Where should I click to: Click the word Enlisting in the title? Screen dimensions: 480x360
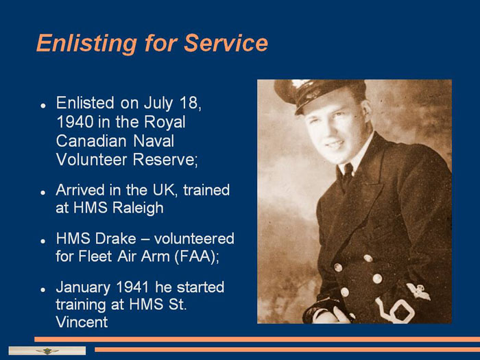coord(86,43)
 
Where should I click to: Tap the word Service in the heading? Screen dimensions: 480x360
coord(226,43)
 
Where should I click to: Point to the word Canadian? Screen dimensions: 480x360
coord(91,141)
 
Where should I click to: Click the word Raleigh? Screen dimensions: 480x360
coord(138,208)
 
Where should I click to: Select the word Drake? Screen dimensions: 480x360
coord(116,239)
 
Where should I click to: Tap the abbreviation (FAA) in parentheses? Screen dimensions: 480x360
coord(197,256)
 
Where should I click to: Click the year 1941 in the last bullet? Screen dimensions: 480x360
coord(132,287)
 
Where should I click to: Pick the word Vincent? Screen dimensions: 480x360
coord(82,322)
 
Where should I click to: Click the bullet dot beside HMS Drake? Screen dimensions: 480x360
coord(43,241)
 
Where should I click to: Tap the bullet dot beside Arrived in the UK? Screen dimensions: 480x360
coord(43,193)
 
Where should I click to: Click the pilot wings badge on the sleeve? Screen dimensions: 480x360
coord(418,291)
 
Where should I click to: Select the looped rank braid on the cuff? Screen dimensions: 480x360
coord(395,310)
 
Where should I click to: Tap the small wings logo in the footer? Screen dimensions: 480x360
coord(47,351)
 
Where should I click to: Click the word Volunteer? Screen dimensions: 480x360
coord(91,160)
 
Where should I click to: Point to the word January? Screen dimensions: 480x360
coord(83,288)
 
